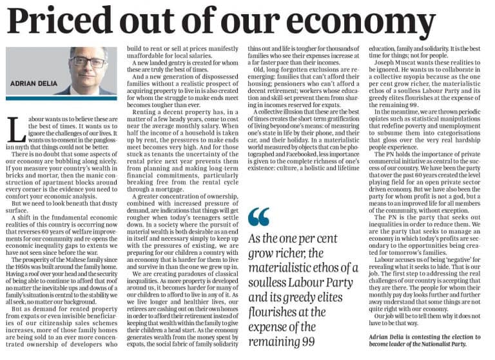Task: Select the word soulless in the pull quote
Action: click(x=270, y=282)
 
